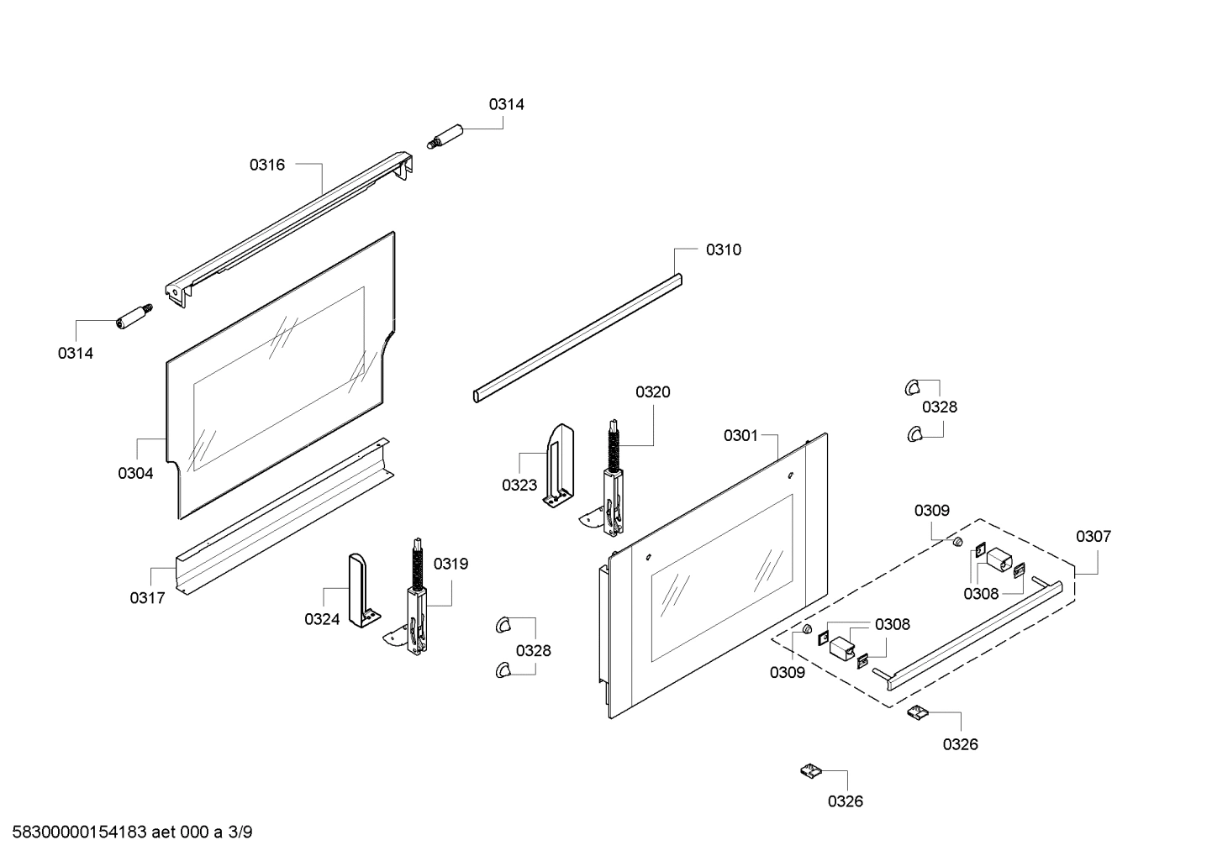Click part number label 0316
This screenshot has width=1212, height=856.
tap(266, 165)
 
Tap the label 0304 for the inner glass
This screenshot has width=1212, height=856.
tap(135, 473)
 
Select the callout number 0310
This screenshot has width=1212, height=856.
tap(723, 249)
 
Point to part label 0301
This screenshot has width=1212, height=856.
tap(740, 435)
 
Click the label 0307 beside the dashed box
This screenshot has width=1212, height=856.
tap(1093, 536)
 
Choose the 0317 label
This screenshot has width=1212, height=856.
tap(147, 597)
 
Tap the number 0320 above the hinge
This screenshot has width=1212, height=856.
tap(652, 391)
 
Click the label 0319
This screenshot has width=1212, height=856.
tap(451, 564)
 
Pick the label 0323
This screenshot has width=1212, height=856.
tap(519, 485)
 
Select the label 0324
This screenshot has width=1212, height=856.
tap(322, 619)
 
